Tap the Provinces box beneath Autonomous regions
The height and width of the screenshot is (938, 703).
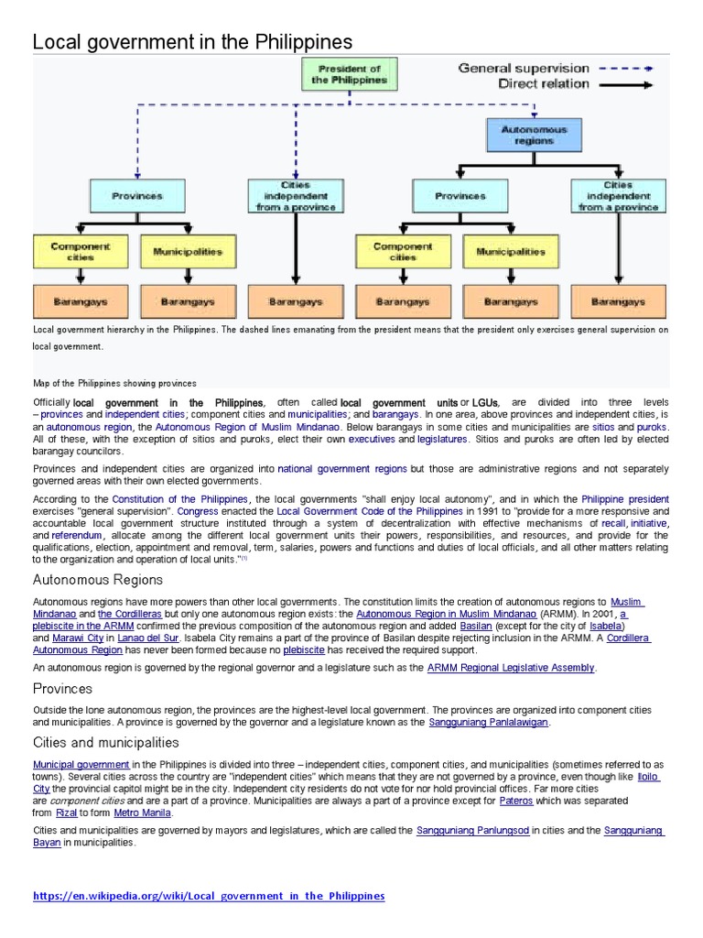point(460,196)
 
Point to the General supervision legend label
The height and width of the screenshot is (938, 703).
point(523,68)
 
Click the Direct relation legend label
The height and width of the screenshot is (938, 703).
point(543,84)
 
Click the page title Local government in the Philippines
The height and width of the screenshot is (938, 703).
point(192,42)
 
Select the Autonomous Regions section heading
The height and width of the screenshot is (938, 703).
point(98,580)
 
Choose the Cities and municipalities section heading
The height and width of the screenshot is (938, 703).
point(105,742)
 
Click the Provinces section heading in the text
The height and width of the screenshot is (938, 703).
point(62,688)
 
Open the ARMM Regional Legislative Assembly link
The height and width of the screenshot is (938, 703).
point(511,668)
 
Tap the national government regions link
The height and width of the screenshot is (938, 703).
point(342,468)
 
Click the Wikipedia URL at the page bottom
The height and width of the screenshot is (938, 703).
point(209,895)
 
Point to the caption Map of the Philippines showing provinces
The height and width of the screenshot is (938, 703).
point(114,383)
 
